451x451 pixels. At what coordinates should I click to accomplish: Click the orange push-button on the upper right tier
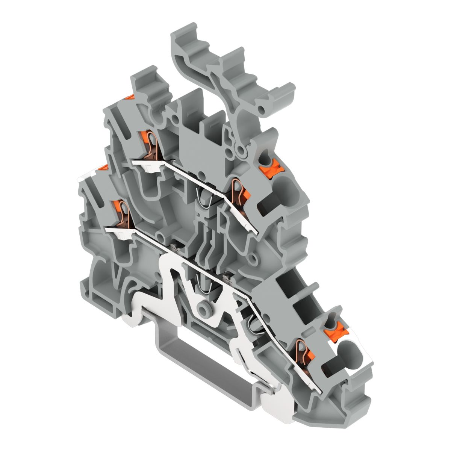(x=271, y=165)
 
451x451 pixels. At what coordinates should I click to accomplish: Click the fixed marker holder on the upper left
(x=147, y=85)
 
